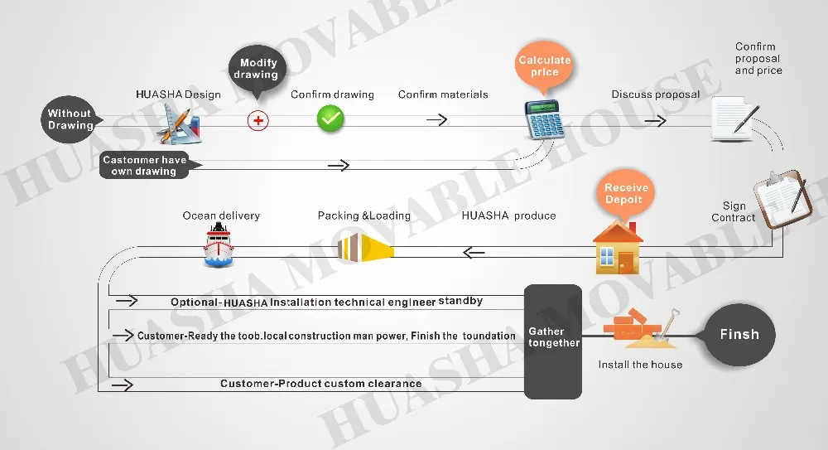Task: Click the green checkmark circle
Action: (330, 119)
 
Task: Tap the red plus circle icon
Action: (258, 120)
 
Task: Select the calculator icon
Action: (544, 120)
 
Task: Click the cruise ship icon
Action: (218, 244)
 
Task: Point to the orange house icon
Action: (618, 247)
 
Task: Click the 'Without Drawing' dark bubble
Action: (70, 119)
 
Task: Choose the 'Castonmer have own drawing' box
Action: (145, 165)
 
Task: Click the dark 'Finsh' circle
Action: (739, 335)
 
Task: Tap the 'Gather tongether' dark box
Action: (553, 341)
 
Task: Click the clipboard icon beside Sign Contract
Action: (783, 198)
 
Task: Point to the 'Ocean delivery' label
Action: (221, 215)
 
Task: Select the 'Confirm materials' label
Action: (443, 94)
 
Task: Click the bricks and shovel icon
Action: (641, 328)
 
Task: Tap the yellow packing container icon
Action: (365, 248)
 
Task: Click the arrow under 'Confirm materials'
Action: (436, 120)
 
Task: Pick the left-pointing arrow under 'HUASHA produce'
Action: (474, 253)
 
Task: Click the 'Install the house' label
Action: (640, 365)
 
